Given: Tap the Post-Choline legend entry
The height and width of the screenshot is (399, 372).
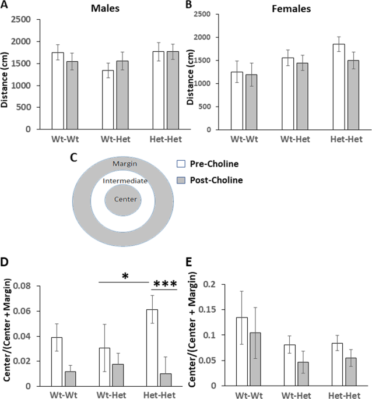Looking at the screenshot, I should coord(213,180).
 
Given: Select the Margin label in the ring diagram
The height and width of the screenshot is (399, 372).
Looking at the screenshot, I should coord(125,164).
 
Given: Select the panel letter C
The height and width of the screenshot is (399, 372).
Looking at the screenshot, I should coord(73,157).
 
